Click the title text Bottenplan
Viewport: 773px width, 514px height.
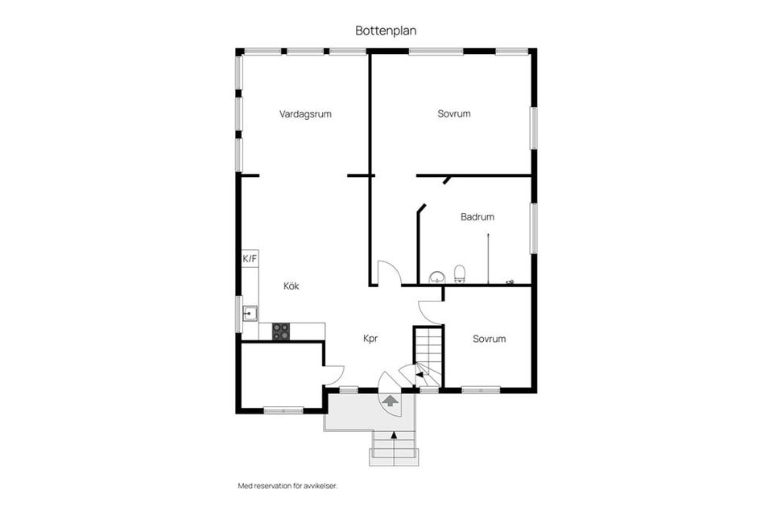tap(386, 30)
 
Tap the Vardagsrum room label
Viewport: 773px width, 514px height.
tap(305, 114)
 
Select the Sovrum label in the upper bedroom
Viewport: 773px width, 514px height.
tap(454, 114)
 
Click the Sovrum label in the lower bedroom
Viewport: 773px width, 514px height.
tap(489, 339)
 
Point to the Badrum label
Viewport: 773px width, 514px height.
tap(477, 216)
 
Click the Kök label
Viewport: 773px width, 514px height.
tap(291, 286)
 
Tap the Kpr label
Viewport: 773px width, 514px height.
tap(370, 339)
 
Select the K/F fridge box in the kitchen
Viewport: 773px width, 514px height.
tap(250, 259)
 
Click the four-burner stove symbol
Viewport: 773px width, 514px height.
tap(281, 331)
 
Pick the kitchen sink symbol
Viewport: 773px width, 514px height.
tap(250, 313)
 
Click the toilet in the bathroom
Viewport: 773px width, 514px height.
tap(460, 273)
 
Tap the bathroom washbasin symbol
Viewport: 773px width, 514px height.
tap(436, 278)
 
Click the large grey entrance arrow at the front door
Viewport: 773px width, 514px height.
tap(391, 401)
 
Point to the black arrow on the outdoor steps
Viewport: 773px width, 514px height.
tap(394, 435)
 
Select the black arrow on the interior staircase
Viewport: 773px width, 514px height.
tap(420, 375)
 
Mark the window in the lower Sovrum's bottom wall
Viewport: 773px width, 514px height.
tap(482, 390)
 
